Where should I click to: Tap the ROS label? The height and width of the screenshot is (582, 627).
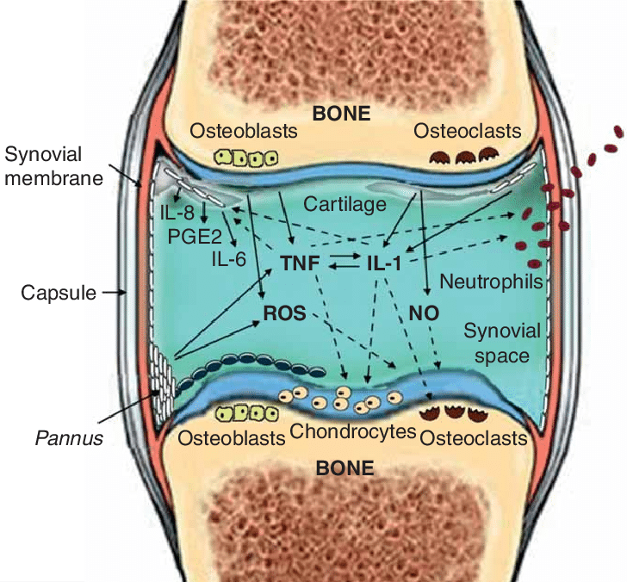(285, 313)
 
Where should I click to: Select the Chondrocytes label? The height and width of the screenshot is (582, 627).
(353, 432)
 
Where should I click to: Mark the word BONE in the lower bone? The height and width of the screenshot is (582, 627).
(345, 469)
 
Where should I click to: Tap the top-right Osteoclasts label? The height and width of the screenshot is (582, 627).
(468, 132)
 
